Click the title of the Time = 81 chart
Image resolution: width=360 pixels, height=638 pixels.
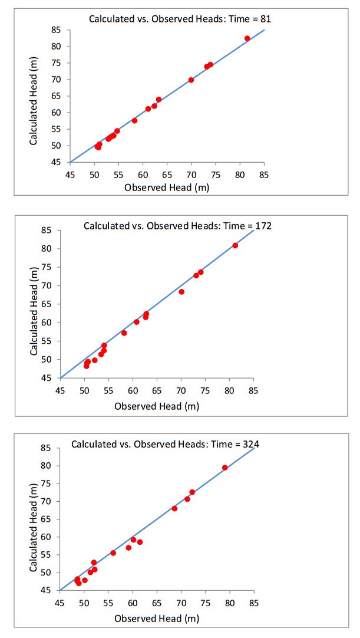coord(180,19)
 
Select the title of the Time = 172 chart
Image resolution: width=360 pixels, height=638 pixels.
coord(177,225)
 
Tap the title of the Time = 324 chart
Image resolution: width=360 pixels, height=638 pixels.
coord(165,443)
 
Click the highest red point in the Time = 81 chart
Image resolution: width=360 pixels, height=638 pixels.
coord(247,38)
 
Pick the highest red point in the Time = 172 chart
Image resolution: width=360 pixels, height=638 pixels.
coord(235,245)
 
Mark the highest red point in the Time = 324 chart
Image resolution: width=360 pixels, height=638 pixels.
coord(224,468)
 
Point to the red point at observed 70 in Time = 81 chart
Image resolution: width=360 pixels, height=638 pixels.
coord(191,80)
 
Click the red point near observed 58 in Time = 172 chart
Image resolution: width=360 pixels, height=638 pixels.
coord(124,333)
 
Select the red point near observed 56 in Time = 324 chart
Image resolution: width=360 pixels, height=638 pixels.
coord(113,553)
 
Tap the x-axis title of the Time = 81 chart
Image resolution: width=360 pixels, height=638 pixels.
coord(167,188)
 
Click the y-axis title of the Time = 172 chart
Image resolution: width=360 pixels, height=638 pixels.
coord(34,304)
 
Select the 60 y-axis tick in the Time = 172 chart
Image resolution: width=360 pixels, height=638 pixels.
coord(45,323)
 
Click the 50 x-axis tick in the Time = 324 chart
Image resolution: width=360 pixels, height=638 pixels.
coord(84,603)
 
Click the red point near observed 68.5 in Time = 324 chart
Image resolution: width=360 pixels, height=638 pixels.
coord(174,508)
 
